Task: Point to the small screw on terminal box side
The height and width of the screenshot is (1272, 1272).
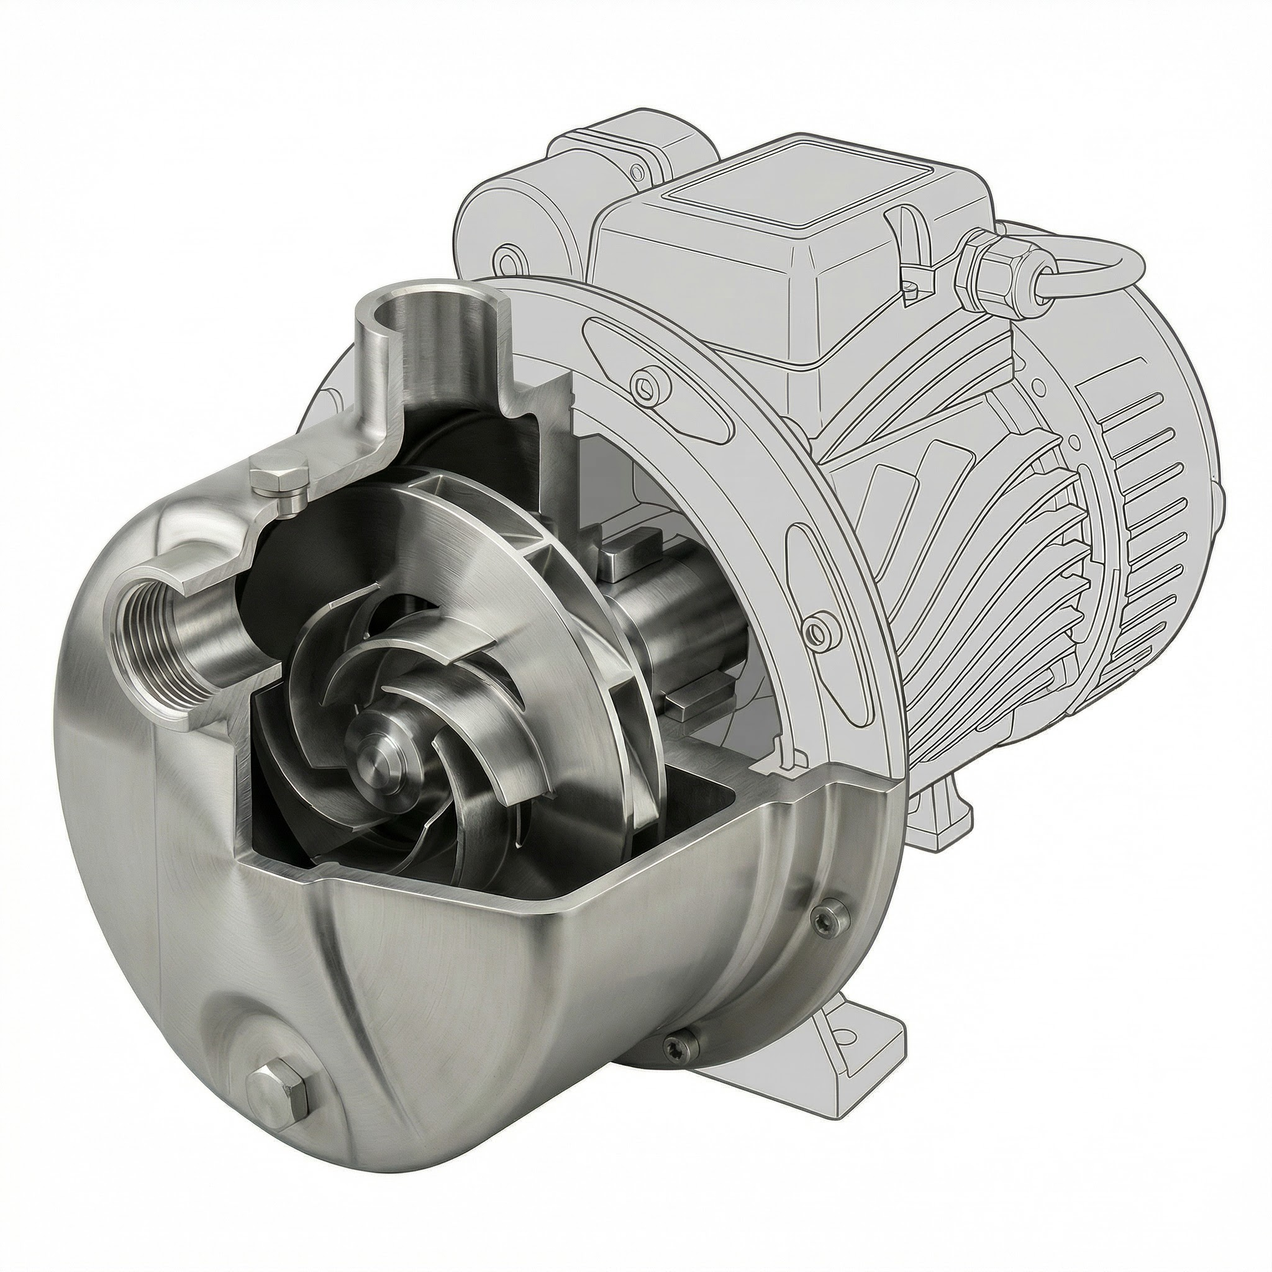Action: coord(911,287)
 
